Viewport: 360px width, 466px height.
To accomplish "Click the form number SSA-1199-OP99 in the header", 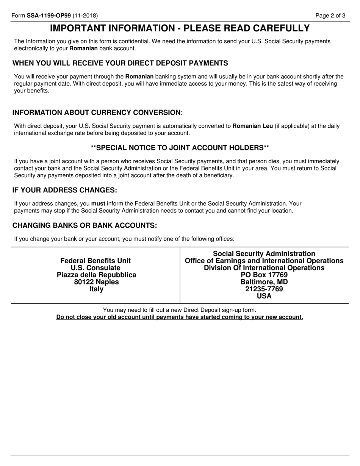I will (x=49, y=16).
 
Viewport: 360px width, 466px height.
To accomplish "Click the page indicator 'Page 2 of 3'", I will (x=330, y=16).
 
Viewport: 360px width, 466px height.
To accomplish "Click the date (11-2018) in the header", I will (x=85, y=16).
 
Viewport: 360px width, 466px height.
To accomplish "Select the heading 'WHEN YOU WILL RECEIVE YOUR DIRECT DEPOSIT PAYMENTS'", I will (x=120, y=63).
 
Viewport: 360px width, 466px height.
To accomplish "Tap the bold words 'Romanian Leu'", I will (x=252, y=126).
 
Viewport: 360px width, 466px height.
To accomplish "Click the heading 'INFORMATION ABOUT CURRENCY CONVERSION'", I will (x=97, y=113).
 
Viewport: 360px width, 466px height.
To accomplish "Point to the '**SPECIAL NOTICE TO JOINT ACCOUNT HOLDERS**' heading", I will (x=180, y=147).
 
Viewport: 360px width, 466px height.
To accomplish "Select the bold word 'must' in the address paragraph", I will (x=98, y=203).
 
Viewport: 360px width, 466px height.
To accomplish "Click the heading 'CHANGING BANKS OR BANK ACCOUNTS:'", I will (x=85, y=225).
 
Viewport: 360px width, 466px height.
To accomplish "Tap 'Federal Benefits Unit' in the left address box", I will (x=95, y=261).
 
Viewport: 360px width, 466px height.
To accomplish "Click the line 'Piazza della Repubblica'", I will (x=96, y=275).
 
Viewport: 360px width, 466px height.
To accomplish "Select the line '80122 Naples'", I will (x=96, y=282).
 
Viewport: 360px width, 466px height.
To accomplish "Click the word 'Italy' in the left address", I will (x=96, y=289).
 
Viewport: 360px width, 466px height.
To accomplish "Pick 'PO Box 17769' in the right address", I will (x=264, y=275).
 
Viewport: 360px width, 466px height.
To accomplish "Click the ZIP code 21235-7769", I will (x=264, y=289).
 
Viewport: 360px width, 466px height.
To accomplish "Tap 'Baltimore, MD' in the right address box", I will (x=264, y=282).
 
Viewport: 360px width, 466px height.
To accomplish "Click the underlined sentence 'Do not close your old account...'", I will (x=180, y=317).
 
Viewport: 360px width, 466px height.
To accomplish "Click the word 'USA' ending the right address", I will (x=264, y=296).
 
